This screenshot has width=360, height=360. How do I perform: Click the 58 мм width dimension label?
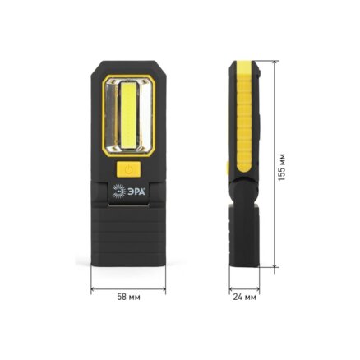pos(128,297)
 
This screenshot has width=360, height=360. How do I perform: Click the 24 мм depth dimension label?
pos(245,297)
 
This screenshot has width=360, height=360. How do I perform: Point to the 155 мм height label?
pos(282,167)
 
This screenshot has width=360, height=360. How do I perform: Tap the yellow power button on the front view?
pos(128,169)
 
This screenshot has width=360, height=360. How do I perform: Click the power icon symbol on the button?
pos(128,169)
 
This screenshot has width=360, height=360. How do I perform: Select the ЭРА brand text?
pos(136,192)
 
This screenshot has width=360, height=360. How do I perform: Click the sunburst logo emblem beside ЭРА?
pos(118,192)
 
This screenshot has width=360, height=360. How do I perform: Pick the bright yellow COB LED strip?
pos(128,116)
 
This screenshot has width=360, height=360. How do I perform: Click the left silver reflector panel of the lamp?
pos(112,116)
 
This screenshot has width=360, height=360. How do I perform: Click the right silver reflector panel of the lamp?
pos(145,116)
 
